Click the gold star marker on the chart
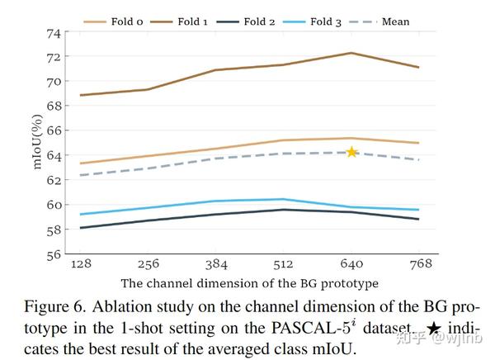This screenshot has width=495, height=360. click(351, 152)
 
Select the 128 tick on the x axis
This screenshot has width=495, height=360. click(80, 263)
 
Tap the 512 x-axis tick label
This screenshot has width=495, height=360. click(283, 263)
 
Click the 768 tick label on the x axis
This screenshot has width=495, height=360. click(419, 263)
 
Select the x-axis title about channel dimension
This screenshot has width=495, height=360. click(250, 282)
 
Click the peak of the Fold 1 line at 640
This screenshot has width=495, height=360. click(351, 53)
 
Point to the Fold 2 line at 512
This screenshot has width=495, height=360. click(283, 210)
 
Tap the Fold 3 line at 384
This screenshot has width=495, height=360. click(215, 201)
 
